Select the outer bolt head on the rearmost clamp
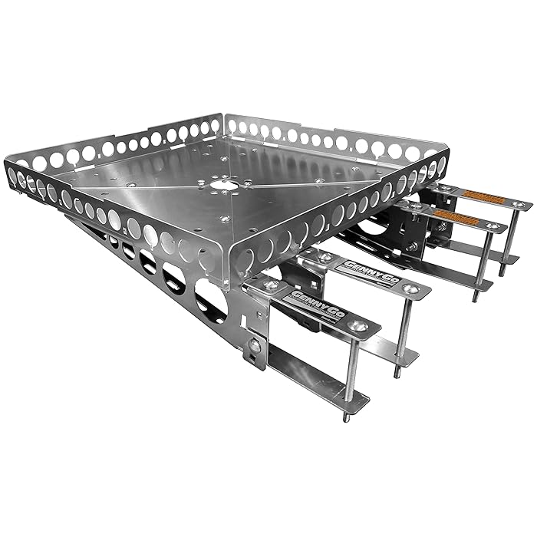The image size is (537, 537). point(519,205)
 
